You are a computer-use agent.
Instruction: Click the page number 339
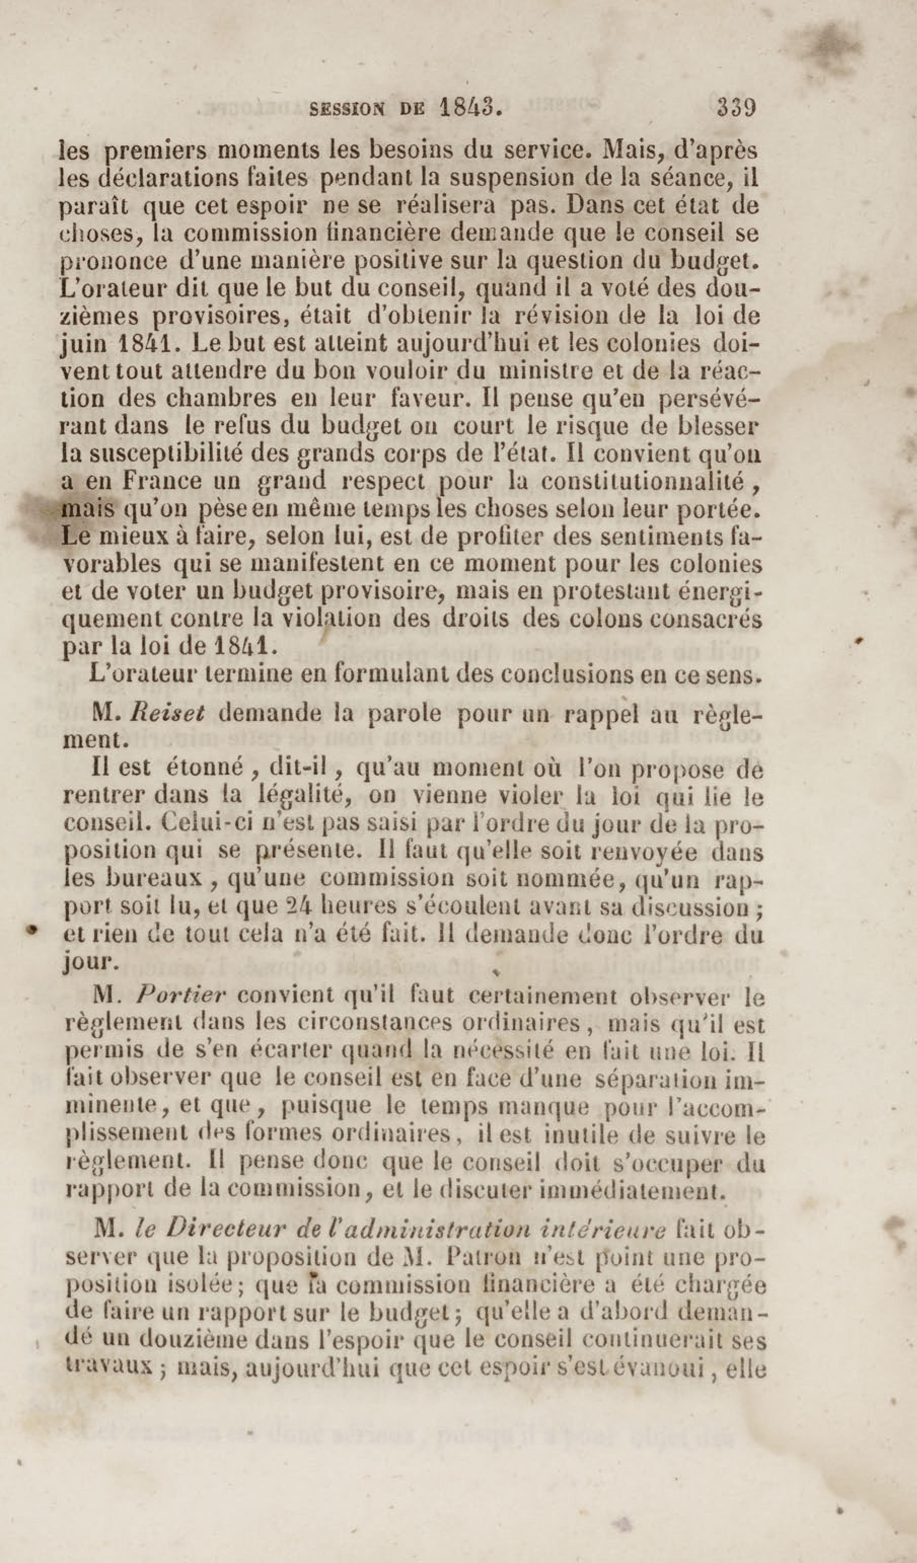(737, 108)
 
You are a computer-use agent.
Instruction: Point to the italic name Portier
(178, 996)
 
